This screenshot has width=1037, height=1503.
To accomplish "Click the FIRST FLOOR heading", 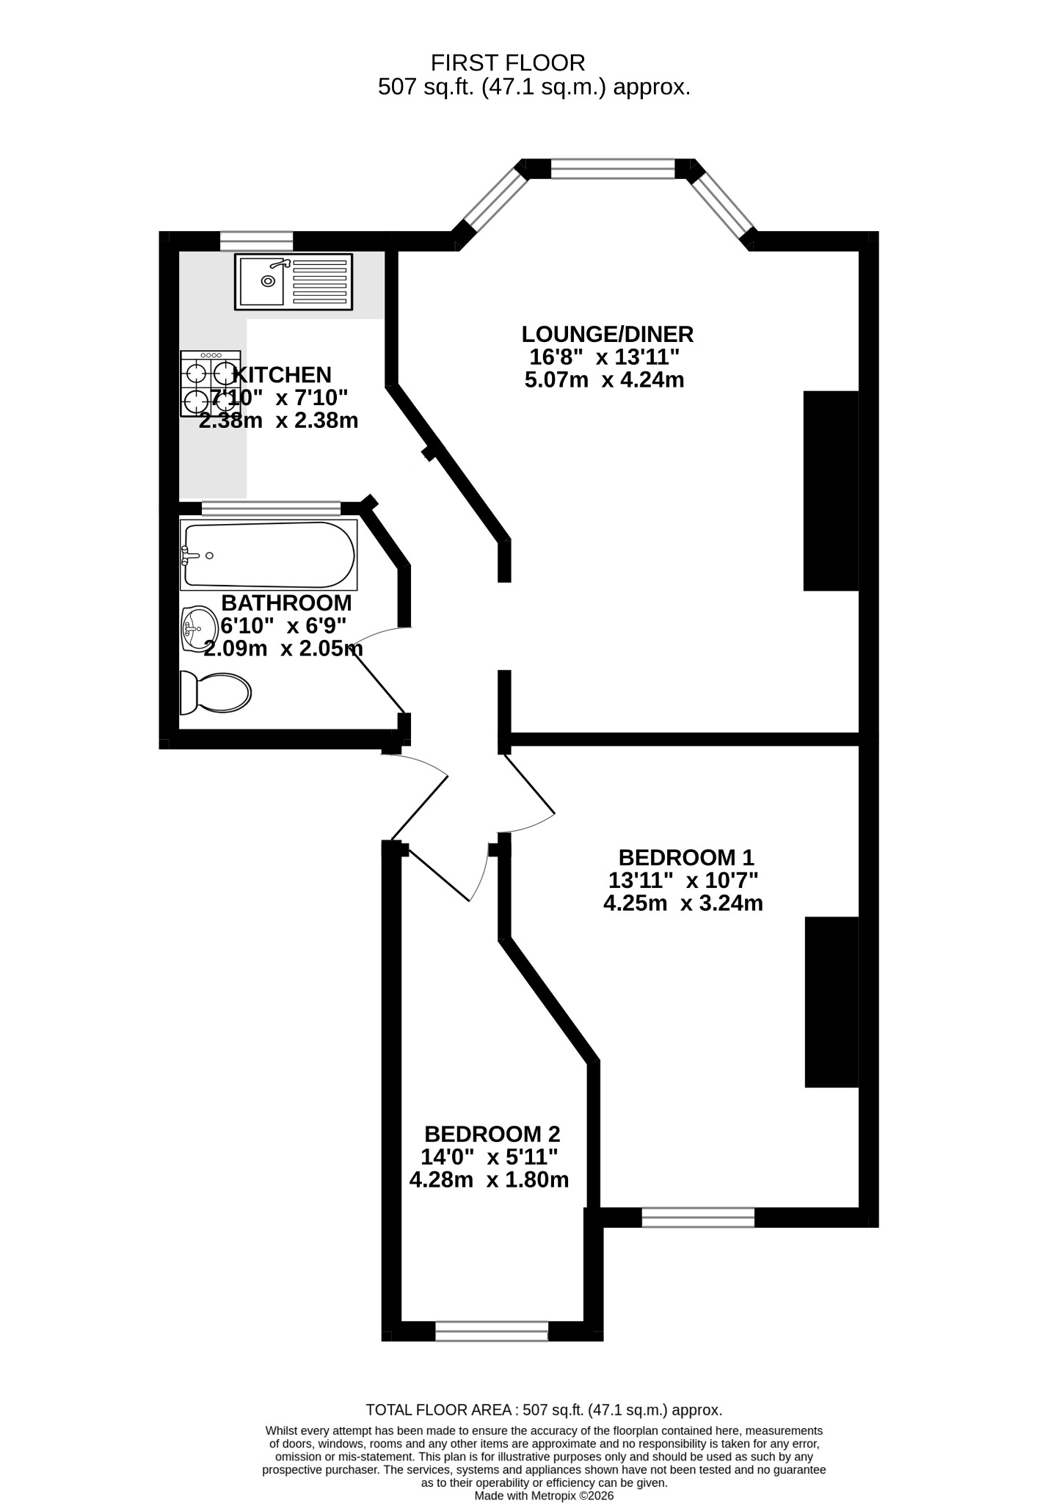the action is pyautogui.click(x=508, y=62).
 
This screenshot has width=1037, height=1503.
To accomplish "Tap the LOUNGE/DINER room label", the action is pyautogui.click(x=608, y=335).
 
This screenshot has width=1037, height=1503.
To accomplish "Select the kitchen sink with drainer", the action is pyautogui.click(x=294, y=281).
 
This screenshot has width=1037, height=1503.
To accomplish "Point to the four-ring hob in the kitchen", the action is pyautogui.click(x=211, y=384).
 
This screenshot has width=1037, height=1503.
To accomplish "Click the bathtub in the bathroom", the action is pyautogui.click(x=269, y=555).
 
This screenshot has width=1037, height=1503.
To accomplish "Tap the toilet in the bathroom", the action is pyautogui.click(x=216, y=692).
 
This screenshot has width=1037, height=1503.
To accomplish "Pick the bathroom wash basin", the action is pyautogui.click(x=196, y=629).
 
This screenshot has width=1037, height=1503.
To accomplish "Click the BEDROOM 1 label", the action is pyautogui.click(x=686, y=857).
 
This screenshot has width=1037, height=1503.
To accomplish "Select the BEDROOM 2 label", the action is pyautogui.click(x=492, y=1134).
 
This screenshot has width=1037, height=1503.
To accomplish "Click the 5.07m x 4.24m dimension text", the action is pyautogui.click(x=605, y=380).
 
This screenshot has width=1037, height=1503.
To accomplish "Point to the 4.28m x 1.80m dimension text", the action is pyautogui.click(x=489, y=1180).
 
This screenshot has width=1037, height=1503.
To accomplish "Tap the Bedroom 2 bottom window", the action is pyautogui.click(x=492, y=1331).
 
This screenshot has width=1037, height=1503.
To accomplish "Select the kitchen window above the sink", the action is pyautogui.click(x=256, y=241).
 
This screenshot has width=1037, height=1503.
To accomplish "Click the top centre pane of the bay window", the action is pyautogui.click(x=613, y=169).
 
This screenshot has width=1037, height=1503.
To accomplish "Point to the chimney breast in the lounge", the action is pyautogui.click(x=831, y=490).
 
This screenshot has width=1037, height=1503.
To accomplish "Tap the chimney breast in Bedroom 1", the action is pyautogui.click(x=832, y=1002).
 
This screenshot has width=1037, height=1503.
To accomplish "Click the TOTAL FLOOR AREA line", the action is pyautogui.click(x=545, y=1410).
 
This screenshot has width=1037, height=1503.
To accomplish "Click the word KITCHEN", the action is pyautogui.click(x=282, y=375).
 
